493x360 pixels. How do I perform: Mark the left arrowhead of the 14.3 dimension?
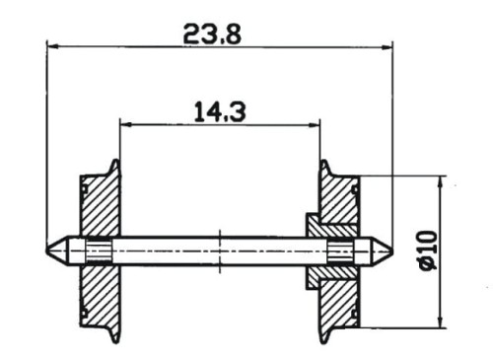point(125,124)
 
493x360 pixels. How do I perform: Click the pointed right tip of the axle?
point(390,251)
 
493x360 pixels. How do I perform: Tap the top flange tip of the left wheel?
point(117,164)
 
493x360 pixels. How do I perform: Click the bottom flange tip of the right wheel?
point(321,338)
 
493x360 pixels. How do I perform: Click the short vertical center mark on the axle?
point(219,251)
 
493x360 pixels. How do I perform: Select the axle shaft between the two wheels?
point(177,251)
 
